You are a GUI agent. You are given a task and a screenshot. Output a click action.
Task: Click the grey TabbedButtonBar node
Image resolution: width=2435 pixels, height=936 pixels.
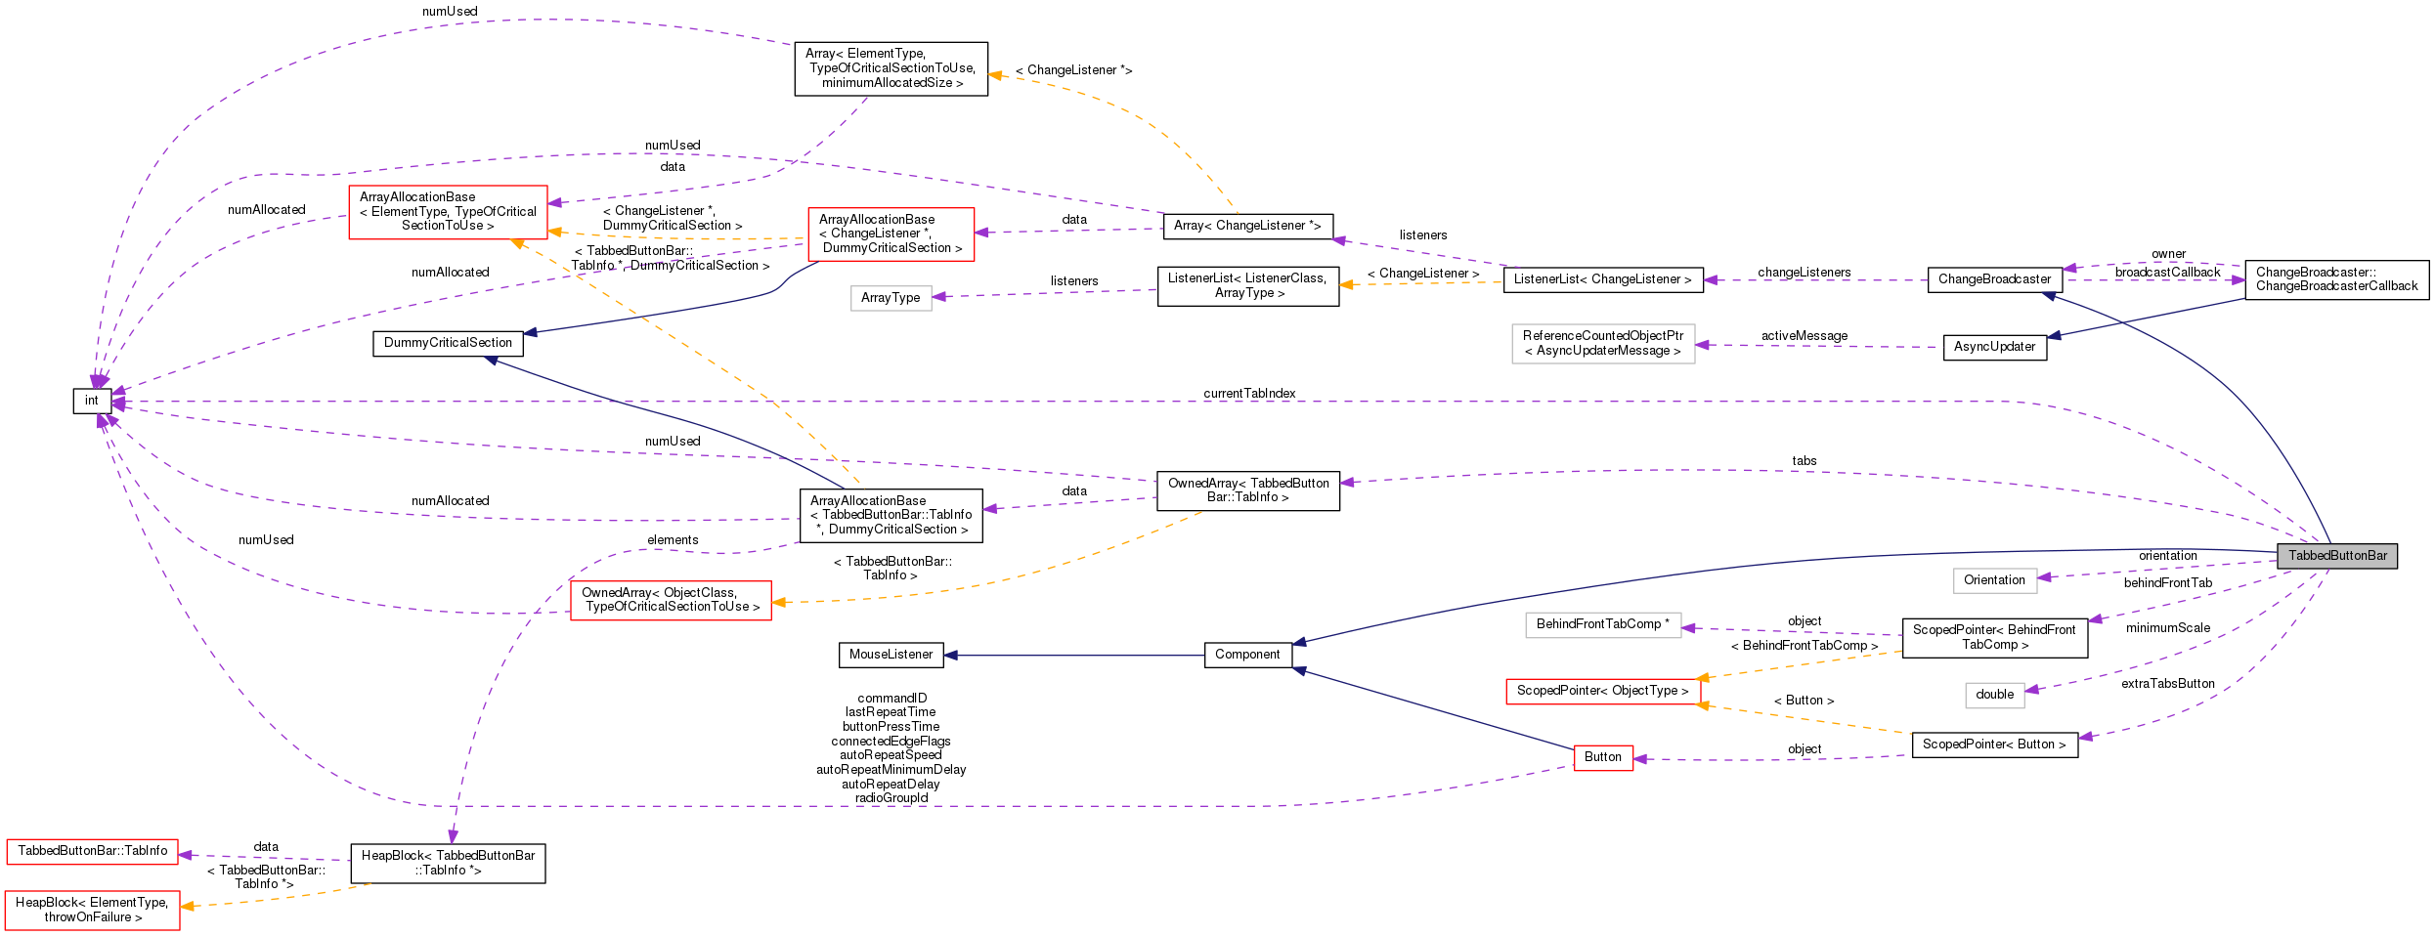pyautogui.click(x=2336, y=556)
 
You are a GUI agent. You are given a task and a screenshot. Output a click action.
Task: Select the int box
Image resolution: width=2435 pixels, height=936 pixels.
pyautogui.click(x=92, y=401)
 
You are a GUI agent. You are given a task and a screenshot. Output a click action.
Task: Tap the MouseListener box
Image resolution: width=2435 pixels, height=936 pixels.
pyautogui.click(x=891, y=655)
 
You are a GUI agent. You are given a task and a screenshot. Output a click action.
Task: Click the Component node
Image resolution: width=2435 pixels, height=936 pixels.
pyautogui.click(x=1247, y=655)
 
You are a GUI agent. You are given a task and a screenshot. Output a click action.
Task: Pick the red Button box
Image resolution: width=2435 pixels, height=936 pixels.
pyautogui.click(x=1602, y=757)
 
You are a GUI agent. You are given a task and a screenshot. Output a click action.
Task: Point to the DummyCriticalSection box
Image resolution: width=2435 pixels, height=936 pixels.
pyautogui.click(x=448, y=343)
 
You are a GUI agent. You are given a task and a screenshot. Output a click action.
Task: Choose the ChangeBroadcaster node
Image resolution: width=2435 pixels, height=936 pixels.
pyautogui.click(x=1994, y=279)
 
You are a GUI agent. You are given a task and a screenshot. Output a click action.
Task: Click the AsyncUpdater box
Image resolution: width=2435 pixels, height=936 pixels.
pyautogui.click(x=1994, y=347)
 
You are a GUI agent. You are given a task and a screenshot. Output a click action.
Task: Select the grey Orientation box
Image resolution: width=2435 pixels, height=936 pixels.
pyautogui.click(x=1994, y=580)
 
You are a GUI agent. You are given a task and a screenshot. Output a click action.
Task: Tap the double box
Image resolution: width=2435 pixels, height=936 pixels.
pyautogui.click(x=1994, y=695)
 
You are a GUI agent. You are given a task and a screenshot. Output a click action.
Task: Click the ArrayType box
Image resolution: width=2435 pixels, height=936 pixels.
pyautogui.click(x=890, y=298)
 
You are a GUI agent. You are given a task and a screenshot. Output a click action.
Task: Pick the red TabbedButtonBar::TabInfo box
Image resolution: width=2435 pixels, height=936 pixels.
pyautogui.click(x=92, y=851)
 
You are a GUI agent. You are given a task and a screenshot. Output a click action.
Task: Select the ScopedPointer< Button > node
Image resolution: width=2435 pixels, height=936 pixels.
pyautogui.click(x=1994, y=745)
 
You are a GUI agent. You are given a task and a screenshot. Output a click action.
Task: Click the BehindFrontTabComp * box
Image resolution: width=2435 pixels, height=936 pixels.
pyautogui.click(x=1602, y=624)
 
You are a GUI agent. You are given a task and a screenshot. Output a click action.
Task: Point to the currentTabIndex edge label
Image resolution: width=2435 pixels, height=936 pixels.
pyautogui.click(x=1248, y=393)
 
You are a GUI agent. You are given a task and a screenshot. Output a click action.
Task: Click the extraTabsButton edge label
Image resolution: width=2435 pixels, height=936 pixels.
pyautogui.click(x=2167, y=684)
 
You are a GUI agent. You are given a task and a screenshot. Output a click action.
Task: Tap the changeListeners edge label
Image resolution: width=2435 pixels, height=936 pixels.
pyautogui.click(x=1804, y=273)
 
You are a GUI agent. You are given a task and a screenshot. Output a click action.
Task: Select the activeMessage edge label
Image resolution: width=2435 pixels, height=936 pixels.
pyautogui.click(x=1804, y=336)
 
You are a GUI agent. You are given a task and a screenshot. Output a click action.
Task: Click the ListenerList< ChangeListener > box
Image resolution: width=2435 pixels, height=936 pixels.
pyautogui.click(x=1602, y=279)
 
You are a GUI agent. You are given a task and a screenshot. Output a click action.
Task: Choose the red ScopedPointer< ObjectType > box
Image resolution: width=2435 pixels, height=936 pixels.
pyautogui.click(x=1602, y=691)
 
